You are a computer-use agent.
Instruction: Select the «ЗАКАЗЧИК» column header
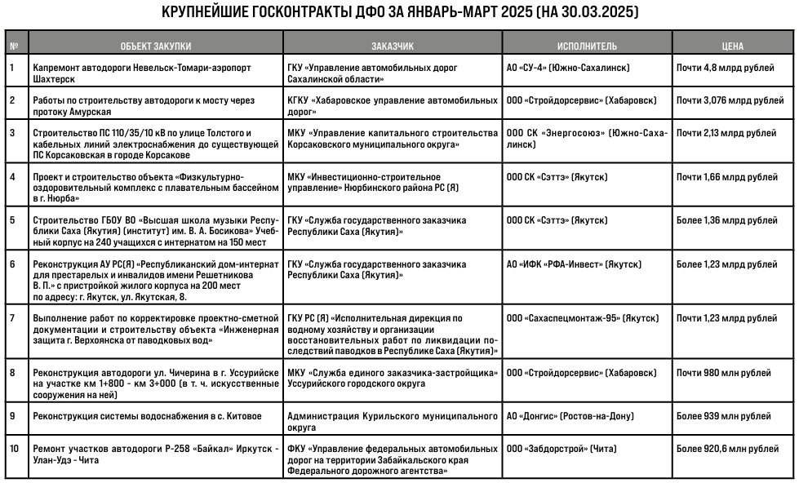click(x=392, y=47)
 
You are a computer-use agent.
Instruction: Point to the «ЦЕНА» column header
click(x=733, y=47)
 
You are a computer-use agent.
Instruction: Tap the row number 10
click(x=15, y=449)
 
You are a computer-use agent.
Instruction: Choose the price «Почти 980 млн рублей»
click(x=723, y=373)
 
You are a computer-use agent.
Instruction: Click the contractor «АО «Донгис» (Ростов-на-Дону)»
click(x=570, y=416)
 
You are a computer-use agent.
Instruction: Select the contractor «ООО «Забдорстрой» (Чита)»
click(x=561, y=449)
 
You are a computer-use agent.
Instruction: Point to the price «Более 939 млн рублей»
click(x=723, y=416)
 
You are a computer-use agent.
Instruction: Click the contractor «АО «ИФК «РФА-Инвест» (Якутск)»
click(x=574, y=265)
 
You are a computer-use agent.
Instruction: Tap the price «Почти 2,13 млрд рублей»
click(x=726, y=133)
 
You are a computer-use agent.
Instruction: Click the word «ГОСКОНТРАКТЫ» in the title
click(x=292, y=13)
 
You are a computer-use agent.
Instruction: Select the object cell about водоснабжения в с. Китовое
click(x=147, y=416)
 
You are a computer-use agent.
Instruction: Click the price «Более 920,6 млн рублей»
click(x=728, y=449)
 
